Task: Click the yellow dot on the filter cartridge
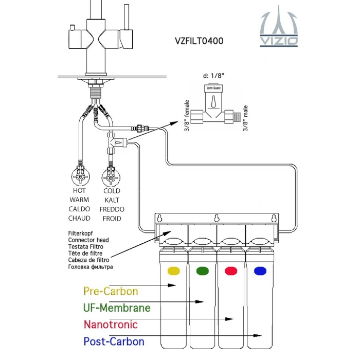click(x=174, y=271)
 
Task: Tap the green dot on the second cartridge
click(x=203, y=271)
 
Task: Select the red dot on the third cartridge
click(x=231, y=271)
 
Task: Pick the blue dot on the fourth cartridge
click(x=260, y=271)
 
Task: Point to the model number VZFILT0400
click(x=199, y=41)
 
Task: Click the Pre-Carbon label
click(x=111, y=291)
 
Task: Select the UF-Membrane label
click(x=117, y=308)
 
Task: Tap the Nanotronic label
click(x=111, y=325)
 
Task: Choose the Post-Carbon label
click(x=114, y=341)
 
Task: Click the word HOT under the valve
click(x=79, y=191)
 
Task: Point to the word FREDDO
click(x=112, y=209)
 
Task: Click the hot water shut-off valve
click(x=80, y=176)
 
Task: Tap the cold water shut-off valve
click(x=111, y=176)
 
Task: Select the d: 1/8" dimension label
click(x=213, y=76)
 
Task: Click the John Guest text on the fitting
click(x=213, y=88)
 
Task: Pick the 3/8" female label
click(x=187, y=116)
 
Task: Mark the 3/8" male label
click(x=245, y=118)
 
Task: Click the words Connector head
click(x=88, y=240)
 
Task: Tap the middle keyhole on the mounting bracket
click(x=217, y=218)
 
